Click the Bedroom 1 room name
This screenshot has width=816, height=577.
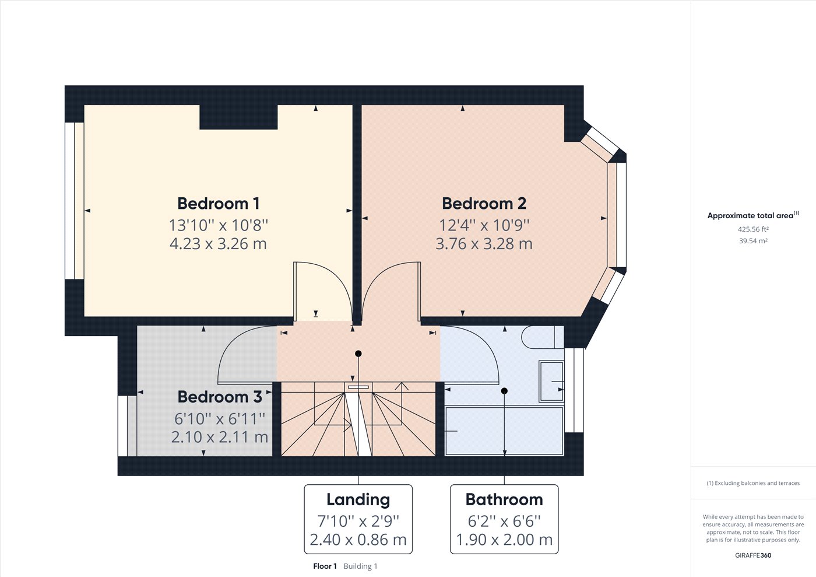click(x=218, y=204)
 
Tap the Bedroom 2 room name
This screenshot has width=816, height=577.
click(x=484, y=204)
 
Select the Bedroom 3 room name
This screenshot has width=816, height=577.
click(x=220, y=397)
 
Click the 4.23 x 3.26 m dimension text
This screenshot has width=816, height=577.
click(x=218, y=244)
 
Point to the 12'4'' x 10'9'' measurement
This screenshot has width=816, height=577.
click(x=484, y=225)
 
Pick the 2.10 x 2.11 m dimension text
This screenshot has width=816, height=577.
click(x=220, y=437)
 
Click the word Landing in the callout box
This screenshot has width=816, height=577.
click(x=358, y=500)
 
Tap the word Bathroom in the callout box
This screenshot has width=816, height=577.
click(x=504, y=500)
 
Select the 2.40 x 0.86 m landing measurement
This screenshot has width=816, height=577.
click(x=358, y=540)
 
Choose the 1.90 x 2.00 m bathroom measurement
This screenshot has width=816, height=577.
click(x=504, y=540)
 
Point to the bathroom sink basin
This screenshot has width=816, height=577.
click(x=551, y=382)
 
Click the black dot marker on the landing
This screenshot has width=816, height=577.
click(x=358, y=354)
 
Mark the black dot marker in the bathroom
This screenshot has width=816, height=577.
click(x=504, y=391)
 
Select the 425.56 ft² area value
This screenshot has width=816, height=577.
click(x=753, y=229)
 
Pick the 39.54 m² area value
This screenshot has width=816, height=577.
click(x=753, y=241)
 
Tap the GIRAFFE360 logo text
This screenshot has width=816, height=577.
click(x=753, y=555)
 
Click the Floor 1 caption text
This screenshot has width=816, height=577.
click(x=325, y=566)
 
